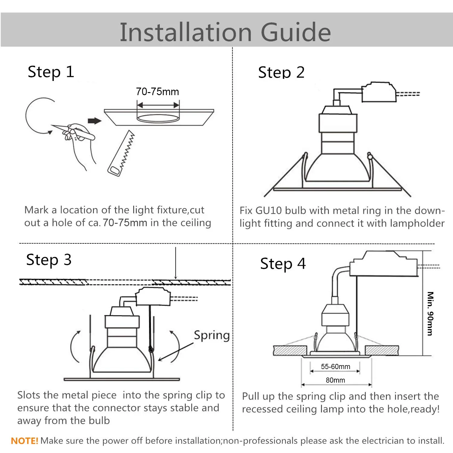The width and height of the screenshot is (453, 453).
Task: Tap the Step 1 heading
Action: [x=51, y=72]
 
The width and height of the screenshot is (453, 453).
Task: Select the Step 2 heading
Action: [x=281, y=72]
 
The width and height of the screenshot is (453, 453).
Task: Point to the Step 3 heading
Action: [x=49, y=260]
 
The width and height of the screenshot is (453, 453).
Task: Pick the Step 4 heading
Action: [x=283, y=264]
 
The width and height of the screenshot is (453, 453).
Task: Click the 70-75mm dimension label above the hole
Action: [x=157, y=92]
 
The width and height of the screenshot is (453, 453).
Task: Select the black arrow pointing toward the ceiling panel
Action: [x=94, y=121]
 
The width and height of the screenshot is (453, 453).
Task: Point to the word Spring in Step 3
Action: [x=212, y=335]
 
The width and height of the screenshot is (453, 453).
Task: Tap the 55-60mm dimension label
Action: [x=336, y=367]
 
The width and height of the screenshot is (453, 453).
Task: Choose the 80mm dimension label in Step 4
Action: [x=335, y=380]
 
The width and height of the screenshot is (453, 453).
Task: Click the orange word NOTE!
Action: [x=24, y=441]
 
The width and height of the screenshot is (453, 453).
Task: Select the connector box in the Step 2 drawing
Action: [x=379, y=92]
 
